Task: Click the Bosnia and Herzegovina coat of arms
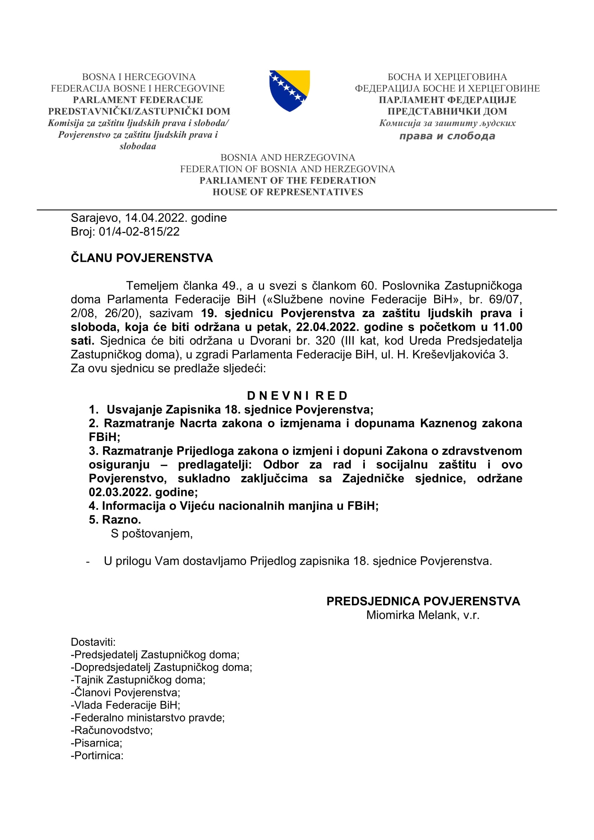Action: click(x=289, y=91)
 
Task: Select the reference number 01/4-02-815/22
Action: click(x=139, y=232)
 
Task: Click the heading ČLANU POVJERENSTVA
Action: click(x=141, y=258)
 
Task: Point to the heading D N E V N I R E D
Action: click(x=297, y=395)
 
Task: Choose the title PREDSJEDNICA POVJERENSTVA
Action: click(x=423, y=601)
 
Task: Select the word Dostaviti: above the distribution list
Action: click(x=93, y=642)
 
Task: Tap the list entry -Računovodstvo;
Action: click(x=112, y=730)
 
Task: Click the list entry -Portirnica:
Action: click(x=97, y=756)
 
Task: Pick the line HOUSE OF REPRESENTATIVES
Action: click(x=288, y=192)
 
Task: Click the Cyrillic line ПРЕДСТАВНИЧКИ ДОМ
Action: click(x=447, y=111)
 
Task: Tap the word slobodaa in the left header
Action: click(x=138, y=146)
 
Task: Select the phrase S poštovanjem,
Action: click(x=152, y=533)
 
